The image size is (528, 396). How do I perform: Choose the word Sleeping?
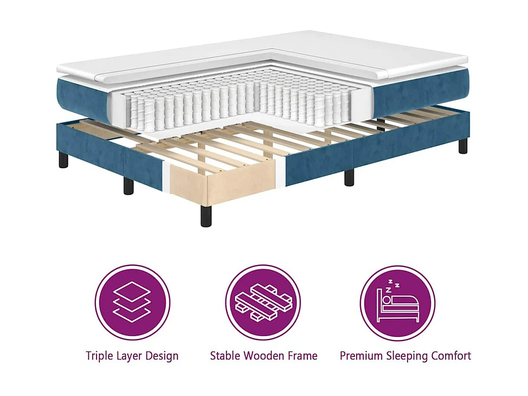(x=407, y=356)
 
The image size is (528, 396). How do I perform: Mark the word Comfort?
(x=452, y=355)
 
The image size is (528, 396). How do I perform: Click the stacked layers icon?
(x=132, y=302)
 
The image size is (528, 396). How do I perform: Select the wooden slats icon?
(x=263, y=302)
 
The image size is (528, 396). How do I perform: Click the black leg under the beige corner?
(x=206, y=215)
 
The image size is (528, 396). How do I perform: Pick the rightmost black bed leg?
(x=463, y=146)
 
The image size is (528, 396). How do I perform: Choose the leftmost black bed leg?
(x=64, y=159)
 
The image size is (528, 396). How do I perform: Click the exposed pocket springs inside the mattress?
(x=235, y=102)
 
